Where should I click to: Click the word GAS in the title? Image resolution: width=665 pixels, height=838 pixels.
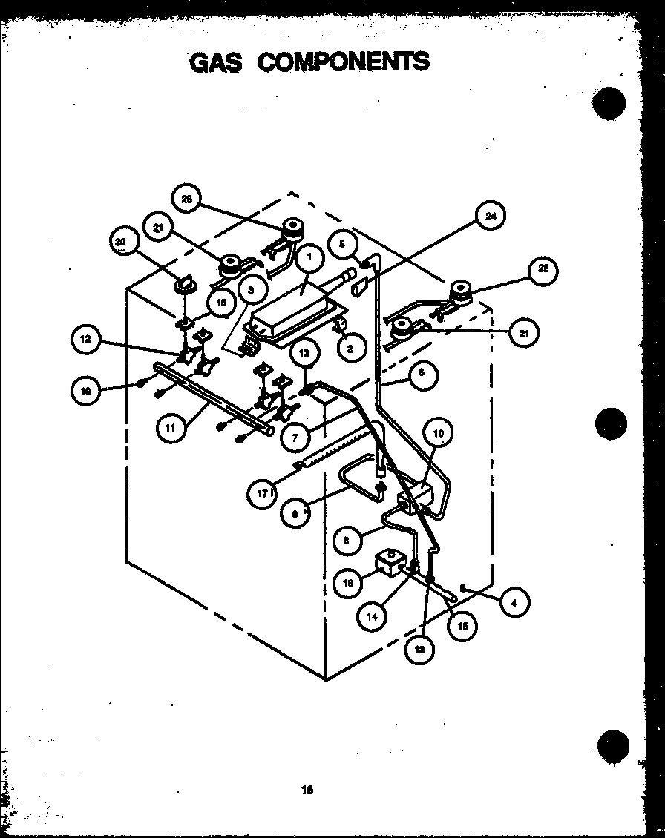[x=216, y=62]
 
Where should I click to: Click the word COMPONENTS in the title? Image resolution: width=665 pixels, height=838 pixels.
[x=344, y=61]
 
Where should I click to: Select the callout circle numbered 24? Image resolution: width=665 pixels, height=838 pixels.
[x=490, y=217]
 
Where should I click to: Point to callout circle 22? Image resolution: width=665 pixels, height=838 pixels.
[x=543, y=269]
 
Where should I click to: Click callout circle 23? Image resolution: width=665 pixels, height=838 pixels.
[x=186, y=198]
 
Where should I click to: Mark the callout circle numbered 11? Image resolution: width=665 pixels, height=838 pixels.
[x=171, y=429]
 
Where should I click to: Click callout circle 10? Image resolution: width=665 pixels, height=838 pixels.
[x=438, y=433]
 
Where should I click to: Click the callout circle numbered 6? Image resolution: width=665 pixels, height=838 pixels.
[x=421, y=374]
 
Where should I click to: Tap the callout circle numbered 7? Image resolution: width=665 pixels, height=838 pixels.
[x=295, y=437]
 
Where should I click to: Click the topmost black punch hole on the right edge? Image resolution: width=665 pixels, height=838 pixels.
[x=610, y=104]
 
